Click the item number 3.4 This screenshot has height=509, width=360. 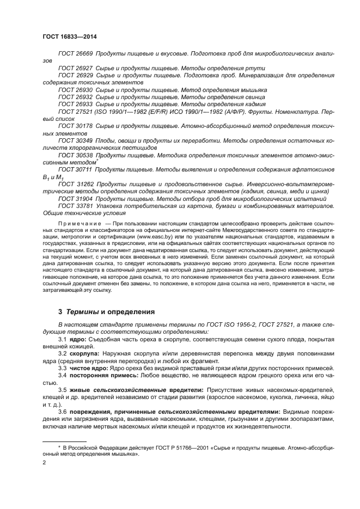pyautogui.click(x=63, y=376)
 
